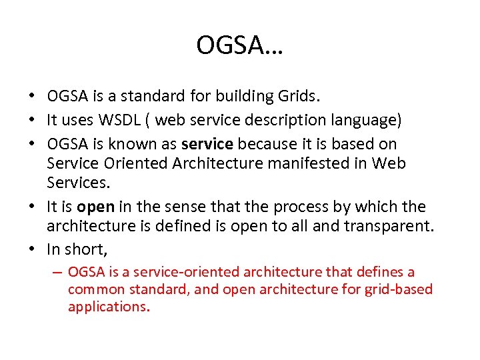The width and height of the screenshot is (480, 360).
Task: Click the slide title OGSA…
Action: (239, 45)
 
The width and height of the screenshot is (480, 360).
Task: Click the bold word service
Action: (207, 144)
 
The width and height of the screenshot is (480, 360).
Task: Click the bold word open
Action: (95, 207)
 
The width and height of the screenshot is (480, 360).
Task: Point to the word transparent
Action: (387, 226)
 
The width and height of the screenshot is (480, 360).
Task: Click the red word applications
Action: (108, 307)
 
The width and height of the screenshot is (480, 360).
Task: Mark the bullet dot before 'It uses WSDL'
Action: (33, 121)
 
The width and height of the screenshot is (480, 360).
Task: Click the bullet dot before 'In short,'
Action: (33, 249)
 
